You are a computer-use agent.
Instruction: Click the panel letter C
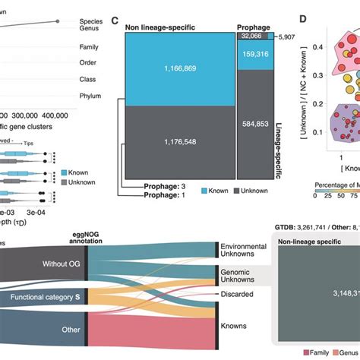tap(115, 21)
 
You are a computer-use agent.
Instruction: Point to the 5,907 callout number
tap(286, 36)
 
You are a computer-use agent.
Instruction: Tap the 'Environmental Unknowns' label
tap(243, 252)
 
